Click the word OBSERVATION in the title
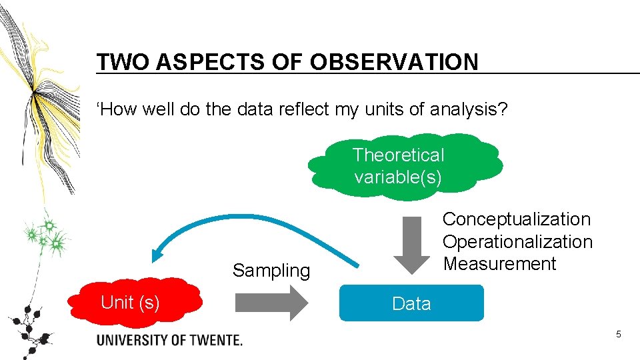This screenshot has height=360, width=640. (394, 62)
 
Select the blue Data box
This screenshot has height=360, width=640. (411, 303)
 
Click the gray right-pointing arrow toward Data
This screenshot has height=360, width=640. (271, 303)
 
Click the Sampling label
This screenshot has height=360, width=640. (271, 271)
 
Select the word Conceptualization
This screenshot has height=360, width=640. (517, 219)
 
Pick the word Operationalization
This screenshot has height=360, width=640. (517, 241)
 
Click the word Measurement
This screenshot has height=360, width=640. (499, 264)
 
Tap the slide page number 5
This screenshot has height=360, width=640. (618, 334)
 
